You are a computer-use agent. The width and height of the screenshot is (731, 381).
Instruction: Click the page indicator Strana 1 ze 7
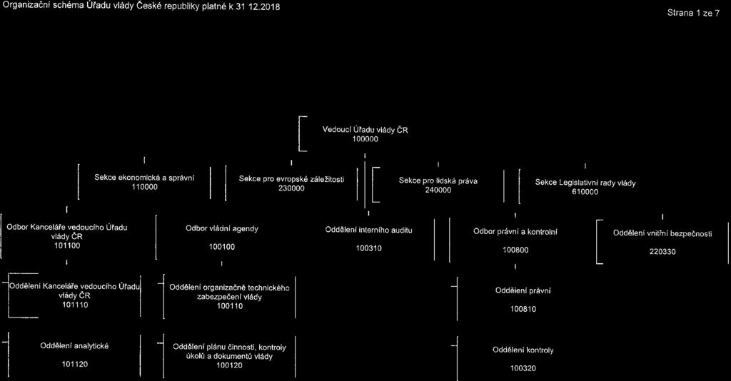click(693, 13)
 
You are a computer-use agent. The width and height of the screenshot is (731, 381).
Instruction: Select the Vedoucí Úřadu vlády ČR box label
click(365, 130)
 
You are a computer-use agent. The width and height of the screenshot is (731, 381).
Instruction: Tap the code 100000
click(365, 139)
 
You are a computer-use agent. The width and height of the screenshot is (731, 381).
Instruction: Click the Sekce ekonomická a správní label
click(144, 178)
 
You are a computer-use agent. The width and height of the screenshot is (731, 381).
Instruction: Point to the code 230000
click(291, 188)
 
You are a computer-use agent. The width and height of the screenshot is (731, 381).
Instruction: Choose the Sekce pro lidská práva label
click(438, 181)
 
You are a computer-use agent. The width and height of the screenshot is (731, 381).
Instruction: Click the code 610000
click(585, 192)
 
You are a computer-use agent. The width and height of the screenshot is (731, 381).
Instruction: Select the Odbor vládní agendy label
click(222, 229)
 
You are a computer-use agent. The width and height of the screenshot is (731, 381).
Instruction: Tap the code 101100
click(67, 245)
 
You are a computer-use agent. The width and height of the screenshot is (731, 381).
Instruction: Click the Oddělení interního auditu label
click(369, 230)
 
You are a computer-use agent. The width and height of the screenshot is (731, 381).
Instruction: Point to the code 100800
click(515, 250)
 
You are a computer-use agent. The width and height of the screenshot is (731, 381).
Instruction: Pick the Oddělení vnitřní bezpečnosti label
click(662, 234)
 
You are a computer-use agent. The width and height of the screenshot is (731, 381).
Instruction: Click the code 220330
click(662, 252)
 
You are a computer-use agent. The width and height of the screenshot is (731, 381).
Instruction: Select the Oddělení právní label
click(523, 290)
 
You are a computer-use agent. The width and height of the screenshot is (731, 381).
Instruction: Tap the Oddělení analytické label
click(74, 346)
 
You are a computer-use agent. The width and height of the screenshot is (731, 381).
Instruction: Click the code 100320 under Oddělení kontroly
click(523, 368)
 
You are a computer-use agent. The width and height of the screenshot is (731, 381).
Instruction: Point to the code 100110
click(229, 306)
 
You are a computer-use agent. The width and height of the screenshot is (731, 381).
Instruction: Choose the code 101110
click(75, 305)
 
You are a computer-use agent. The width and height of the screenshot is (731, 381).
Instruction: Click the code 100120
click(229, 365)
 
